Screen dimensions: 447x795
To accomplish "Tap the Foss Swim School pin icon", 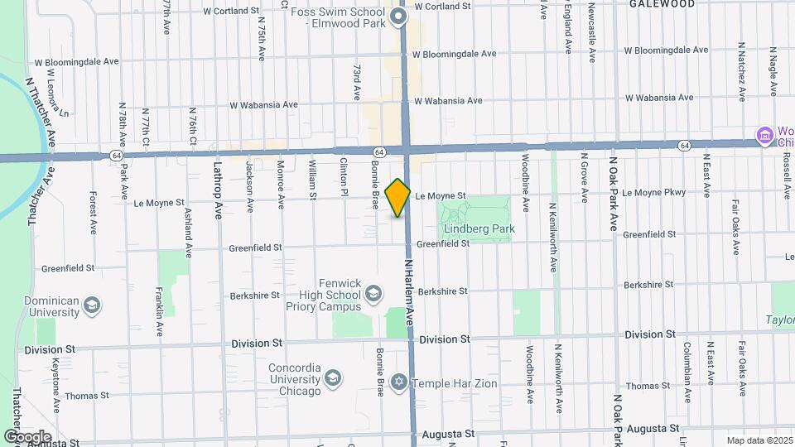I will pos(398,17).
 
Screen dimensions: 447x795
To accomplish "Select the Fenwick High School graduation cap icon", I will pos(373,293).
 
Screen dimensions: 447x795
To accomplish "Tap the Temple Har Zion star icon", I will pos(399,382).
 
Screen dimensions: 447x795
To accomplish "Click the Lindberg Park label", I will pos(479,228).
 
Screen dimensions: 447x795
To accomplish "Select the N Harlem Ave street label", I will pos(409,289).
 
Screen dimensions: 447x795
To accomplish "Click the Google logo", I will pos(27,436).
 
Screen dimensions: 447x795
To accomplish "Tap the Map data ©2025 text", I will pos(759,440).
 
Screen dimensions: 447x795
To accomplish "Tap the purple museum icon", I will pos(764,134).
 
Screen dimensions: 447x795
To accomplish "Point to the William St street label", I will pos(313,180).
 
